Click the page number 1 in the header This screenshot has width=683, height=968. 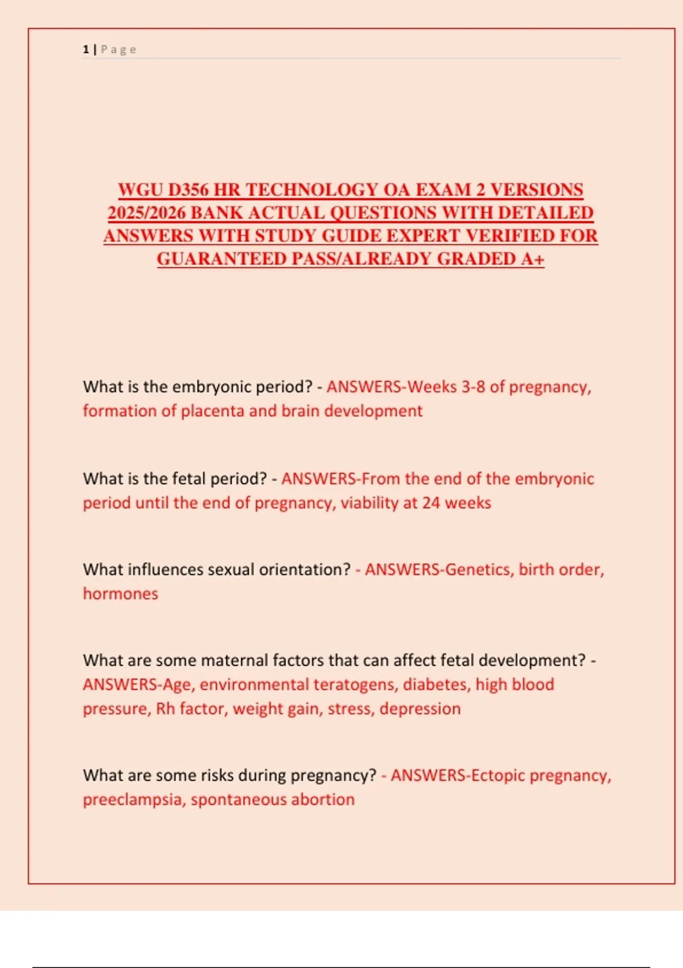(x=85, y=50)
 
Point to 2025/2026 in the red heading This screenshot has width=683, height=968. (x=146, y=213)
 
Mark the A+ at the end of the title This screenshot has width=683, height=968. (x=533, y=259)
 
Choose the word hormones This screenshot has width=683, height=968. (x=120, y=594)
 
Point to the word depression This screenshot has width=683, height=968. (x=420, y=709)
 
